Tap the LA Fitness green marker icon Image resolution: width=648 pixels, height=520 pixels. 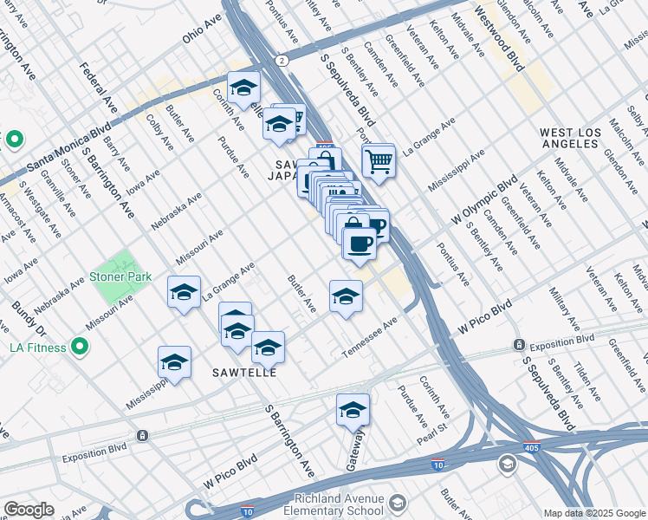pyautogui.click(x=81, y=348)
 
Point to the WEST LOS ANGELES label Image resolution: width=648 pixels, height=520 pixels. pyautogui.click(x=569, y=139)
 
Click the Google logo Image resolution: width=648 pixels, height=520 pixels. pyautogui.click(x=29, y=510)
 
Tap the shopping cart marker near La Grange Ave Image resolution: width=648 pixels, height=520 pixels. pyautogui.click(x=379, y=159)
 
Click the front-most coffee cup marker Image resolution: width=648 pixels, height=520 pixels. pyautogui.click(x=360, y=242)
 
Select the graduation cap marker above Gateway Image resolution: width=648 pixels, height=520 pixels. pyautogui.click(x=353, y=409)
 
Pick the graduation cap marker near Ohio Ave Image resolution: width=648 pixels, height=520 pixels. pyautogui.click(x=244, y=87)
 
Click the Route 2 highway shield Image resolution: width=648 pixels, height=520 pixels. pyautogui.click(x=282, y=61)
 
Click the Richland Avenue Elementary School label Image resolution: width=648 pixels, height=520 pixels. pyautogui.click(x=338, y=504)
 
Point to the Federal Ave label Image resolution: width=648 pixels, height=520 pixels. pyautogui.click(x=97, y=88)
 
